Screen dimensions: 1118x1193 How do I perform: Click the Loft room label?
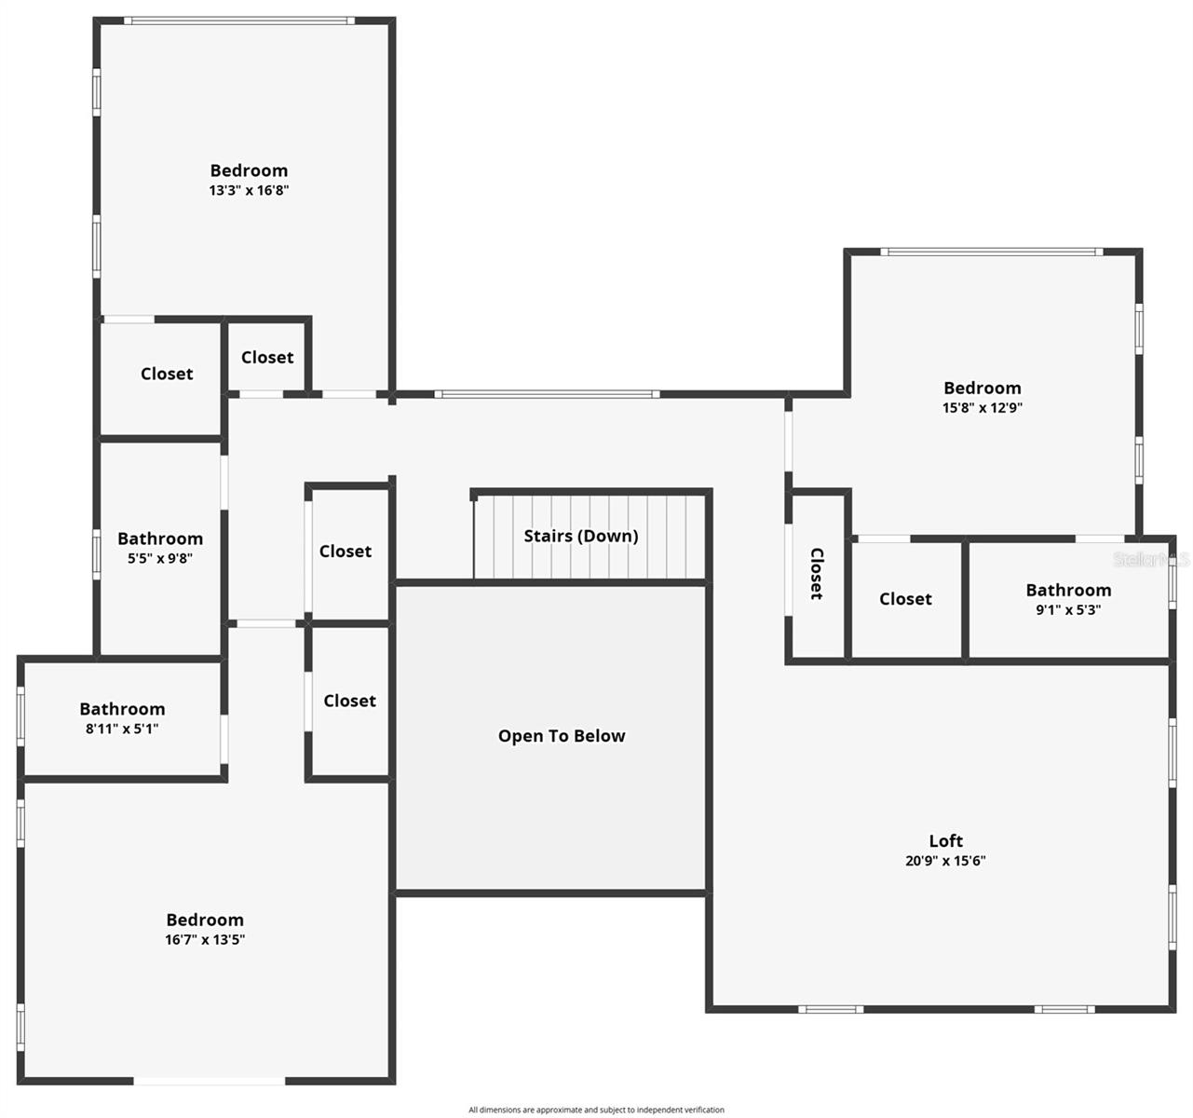(x=945, y=840)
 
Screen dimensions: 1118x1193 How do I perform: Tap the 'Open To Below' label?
(x=562, y=736)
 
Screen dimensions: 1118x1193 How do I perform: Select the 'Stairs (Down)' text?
(x=581, y=536)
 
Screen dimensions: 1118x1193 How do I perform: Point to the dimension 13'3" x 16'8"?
(x=249, y=190)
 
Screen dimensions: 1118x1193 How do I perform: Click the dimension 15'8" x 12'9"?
(x=982, y=407)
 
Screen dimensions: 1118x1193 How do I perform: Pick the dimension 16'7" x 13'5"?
(x=205, y=939)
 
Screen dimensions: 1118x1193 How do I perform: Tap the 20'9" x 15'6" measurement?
(x=945, y=861)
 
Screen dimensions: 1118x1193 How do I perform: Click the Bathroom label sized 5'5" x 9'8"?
(x=160, y=539)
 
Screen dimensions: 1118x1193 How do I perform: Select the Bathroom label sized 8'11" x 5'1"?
(x=122, y=709)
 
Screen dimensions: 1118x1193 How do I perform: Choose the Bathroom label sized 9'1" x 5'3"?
(x=1068, y=590)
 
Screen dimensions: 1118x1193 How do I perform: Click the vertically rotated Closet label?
(x=817, y=573)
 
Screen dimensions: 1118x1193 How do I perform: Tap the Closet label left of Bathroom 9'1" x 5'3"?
(x=905, y=599)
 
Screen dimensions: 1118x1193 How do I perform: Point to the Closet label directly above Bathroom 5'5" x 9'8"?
(x=167, y=374)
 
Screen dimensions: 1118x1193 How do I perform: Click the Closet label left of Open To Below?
(x=349, y=701)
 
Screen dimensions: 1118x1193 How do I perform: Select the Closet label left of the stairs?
(x=346, y=552)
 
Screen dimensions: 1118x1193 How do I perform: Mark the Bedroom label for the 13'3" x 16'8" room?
(x=249, y=170)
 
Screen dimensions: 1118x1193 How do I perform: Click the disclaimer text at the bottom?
(x=596, y=1110)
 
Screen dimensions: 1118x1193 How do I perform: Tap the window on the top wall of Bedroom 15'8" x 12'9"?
(x=992, y=252)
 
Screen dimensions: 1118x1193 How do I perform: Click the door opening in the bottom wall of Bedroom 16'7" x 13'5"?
(x=210, y=1081)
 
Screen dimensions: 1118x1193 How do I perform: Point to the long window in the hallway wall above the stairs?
(x=548, y=394)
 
